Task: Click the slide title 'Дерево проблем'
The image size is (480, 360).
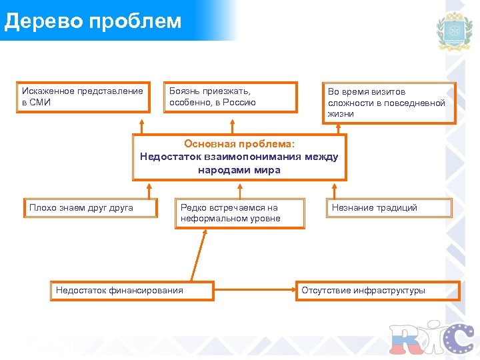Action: pyautogui.click(x=93, y=21)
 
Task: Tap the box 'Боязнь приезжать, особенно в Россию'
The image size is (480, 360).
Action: pyautogui.click(x=231, y=97)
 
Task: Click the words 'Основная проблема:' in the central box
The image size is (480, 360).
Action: pyautogui.click(x=239, y=143)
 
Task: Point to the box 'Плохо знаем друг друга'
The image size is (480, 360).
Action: pyautogui.click(x=91, y=208)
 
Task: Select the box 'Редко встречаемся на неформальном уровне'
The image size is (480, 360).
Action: pyautogui.click(x=240, y=213)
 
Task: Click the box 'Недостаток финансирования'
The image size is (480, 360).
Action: pyautogui.click(x=132, y=291)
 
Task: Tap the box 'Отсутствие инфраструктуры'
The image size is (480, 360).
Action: pyautogui.click(x=377, y=291)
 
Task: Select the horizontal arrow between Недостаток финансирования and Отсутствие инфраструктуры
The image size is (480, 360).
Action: pyautogui.click(x=255, y=291)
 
